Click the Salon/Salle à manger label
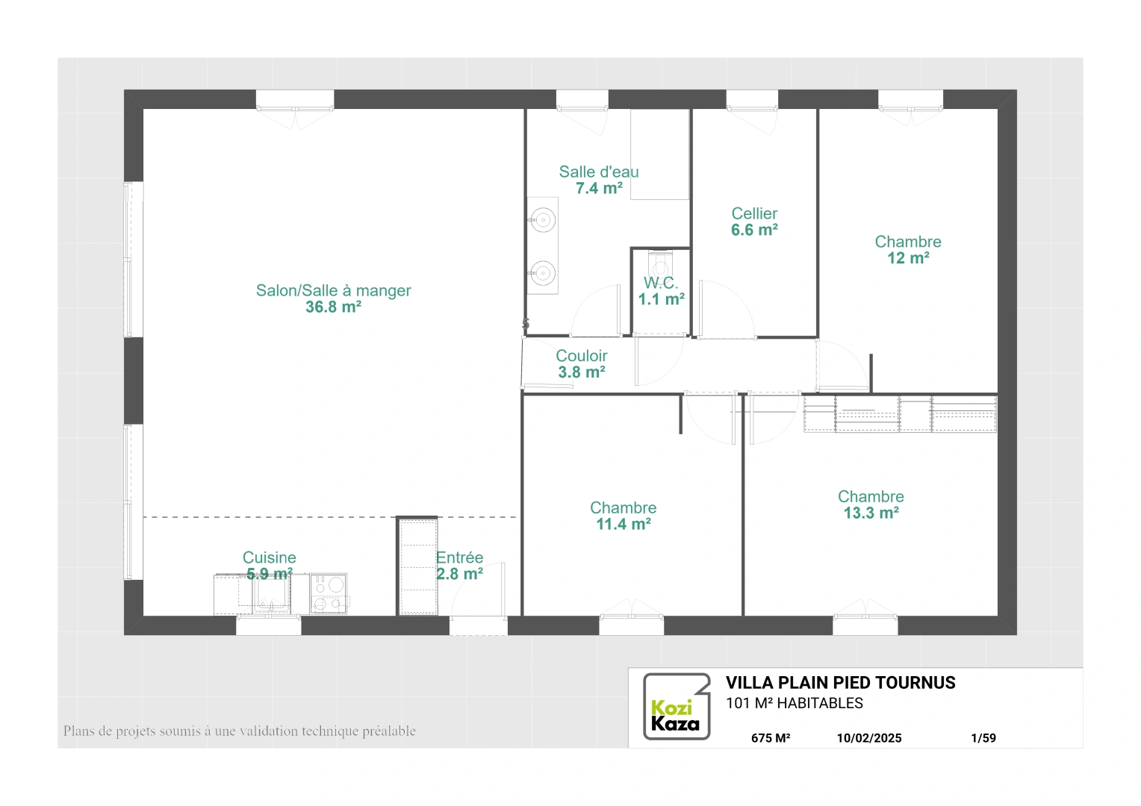pos(333,290)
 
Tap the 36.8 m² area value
pos(333,307)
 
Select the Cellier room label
pos(754,213)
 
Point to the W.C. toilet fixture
pos(661,263)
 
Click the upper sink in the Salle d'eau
pos(544,220)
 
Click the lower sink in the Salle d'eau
pos(544,273)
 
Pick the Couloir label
pos(581,355)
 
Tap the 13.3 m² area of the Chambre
pos(871,513)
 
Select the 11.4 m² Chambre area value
pos(624,524)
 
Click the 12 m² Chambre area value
pos(908,258)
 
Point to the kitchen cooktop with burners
pos(329,594)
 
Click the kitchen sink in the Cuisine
pos(272,594)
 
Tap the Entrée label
pos(459,557)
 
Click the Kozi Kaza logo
pos(677,706)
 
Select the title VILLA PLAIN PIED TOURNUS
pos(841,683)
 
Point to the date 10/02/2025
pos(869,738)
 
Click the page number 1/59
pos(983,738)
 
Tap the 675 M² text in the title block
pos(771,738)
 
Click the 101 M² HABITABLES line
pos(794,703)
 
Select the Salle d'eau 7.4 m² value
pos(599,188)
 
